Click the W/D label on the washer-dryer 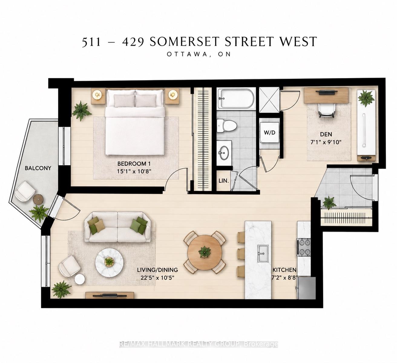270,133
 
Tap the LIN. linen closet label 224,181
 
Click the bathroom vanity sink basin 224,153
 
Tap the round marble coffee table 110,261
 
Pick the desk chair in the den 326,110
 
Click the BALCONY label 38,168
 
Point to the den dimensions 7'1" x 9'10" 326,142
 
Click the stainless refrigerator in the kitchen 306,288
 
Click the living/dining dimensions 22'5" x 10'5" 157,278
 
